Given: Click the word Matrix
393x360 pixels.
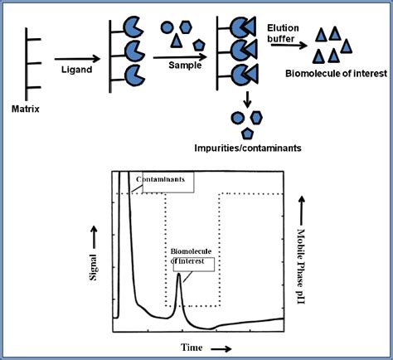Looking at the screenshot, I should (x=27, y=109).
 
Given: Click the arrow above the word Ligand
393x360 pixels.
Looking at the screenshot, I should (x=76, y=59).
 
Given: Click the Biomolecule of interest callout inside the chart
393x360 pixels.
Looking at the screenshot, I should (x=192, y=257).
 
